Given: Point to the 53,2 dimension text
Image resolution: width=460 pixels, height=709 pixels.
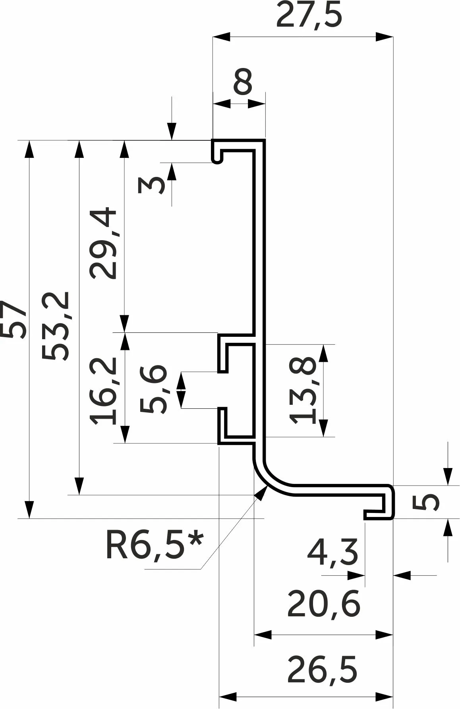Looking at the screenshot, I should pos(56,326).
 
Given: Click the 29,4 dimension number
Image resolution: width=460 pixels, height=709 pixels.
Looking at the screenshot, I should pos(104,243).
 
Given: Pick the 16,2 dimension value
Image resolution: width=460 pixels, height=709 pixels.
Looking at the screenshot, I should pos(104,390).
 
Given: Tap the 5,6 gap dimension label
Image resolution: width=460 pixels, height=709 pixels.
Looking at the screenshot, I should pos(153,390).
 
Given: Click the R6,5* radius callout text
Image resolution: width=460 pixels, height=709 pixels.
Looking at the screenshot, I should pos(154,546).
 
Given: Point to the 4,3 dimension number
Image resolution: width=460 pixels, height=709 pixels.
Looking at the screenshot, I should pos(332,552).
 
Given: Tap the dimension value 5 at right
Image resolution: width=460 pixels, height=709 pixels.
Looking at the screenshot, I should pos(426,502).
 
